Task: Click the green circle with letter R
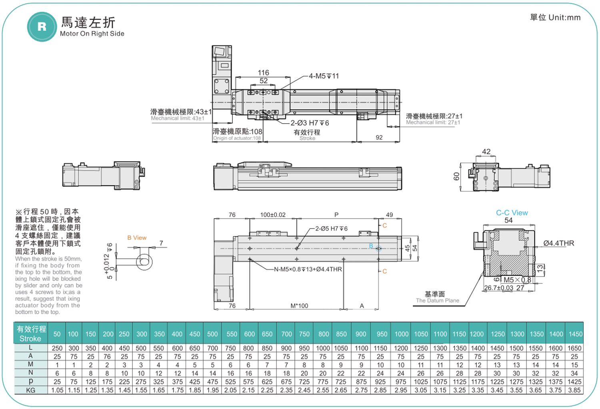42,27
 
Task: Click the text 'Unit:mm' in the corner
564,18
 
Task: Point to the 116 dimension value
263,72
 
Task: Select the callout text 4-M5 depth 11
324,76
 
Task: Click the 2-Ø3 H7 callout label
310,123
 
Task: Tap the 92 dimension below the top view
379,138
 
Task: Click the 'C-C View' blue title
512,213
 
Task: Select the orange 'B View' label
137,238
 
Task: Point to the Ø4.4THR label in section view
559,243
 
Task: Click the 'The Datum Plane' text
438,301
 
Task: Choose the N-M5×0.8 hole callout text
308,269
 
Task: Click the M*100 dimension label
299,306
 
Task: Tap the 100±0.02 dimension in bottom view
273,215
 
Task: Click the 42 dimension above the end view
486,152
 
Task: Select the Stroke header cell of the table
31,333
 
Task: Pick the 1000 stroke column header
401,334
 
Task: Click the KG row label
30,390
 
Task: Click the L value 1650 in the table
574,348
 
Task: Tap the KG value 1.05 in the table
57,390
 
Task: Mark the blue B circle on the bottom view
378,249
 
